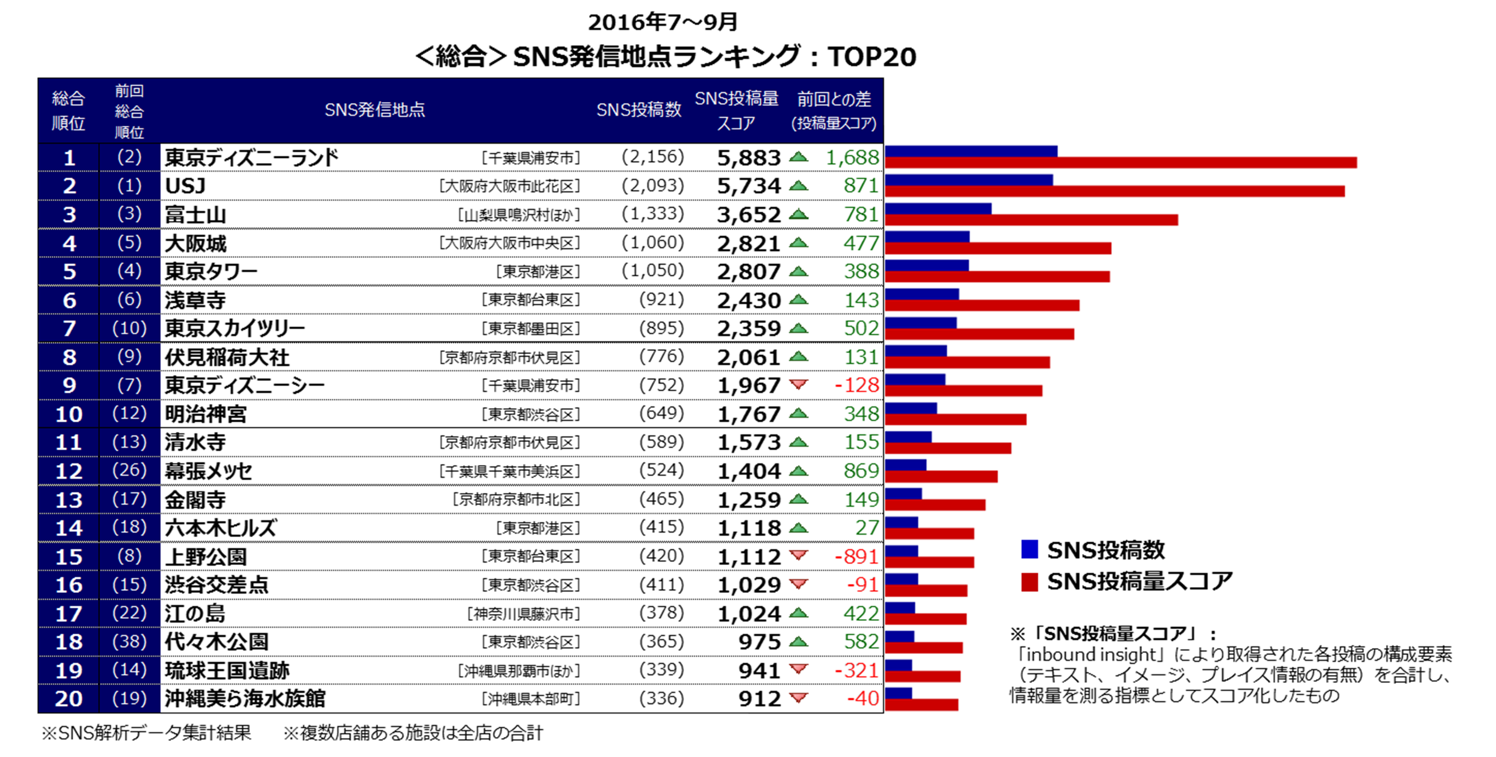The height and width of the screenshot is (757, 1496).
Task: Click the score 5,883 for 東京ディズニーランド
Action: (749, 158)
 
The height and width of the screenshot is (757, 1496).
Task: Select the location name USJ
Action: (185, 186)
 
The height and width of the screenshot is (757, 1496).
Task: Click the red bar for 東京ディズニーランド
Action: (1120, 163)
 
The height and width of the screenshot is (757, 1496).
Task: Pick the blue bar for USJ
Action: (968, 179)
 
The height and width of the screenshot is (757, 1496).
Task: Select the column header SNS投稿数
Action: (638, 110)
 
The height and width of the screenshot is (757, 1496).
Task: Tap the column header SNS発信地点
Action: (374, 110)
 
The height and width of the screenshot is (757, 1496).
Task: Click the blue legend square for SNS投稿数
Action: (1029, 549)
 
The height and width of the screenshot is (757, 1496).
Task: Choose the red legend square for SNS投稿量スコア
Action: (1029, 581)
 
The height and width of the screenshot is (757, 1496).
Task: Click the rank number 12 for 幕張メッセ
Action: (68, 471)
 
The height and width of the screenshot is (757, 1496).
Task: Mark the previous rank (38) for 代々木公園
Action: (129, 641)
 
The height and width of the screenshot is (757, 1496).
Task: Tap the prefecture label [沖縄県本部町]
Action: (531, 699)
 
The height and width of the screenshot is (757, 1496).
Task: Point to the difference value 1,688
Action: (852, 157)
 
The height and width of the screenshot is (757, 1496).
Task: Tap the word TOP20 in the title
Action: (872, 57)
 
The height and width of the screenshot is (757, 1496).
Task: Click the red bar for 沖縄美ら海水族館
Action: (921, 705)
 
